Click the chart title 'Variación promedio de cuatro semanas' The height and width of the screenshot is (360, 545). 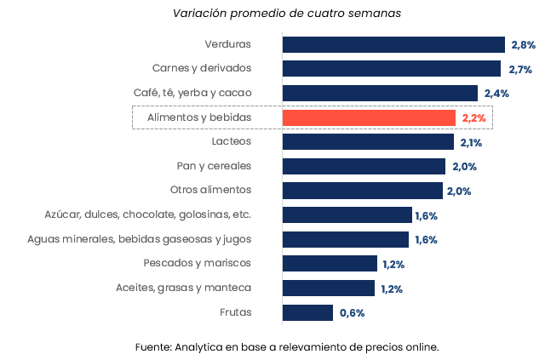pyautogui.click(x=287, y=13)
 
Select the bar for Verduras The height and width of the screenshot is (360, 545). pyautogui.click(x=393, y=45)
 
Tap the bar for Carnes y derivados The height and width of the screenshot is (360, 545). pyautogui.click(x=391, y=69)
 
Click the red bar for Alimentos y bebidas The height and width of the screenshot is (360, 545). pyautogui.click(x=369, y=117)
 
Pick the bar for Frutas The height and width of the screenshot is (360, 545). pyautogui.click(x=307, y=312)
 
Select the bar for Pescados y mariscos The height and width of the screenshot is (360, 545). pyautogui.click(x=330, y=264)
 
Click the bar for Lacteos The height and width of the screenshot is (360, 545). pyautogui.click(x=368, y=142)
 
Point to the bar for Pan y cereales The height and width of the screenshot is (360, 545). pyautogui.click(x=364, y=167)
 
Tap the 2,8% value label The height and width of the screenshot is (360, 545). pyautogui.click(x=523, y=45)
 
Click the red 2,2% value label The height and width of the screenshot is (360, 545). pyautogui.click(x=473, y=117)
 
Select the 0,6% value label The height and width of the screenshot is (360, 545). pyautogui.click(x=352, y=313)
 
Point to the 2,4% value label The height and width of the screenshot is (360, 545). pyautogui.click(x=496, y=94)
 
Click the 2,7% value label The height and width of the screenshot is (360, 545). pyautogui.click(x=520, y=70)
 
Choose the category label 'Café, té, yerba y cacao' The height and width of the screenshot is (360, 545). pyautogui.click(x=192, y=93)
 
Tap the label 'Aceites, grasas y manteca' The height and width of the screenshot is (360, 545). pyautogui.click(x=184, y=288)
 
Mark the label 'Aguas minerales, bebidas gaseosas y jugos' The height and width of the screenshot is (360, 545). pyautogui.click(x=140, y=239)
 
